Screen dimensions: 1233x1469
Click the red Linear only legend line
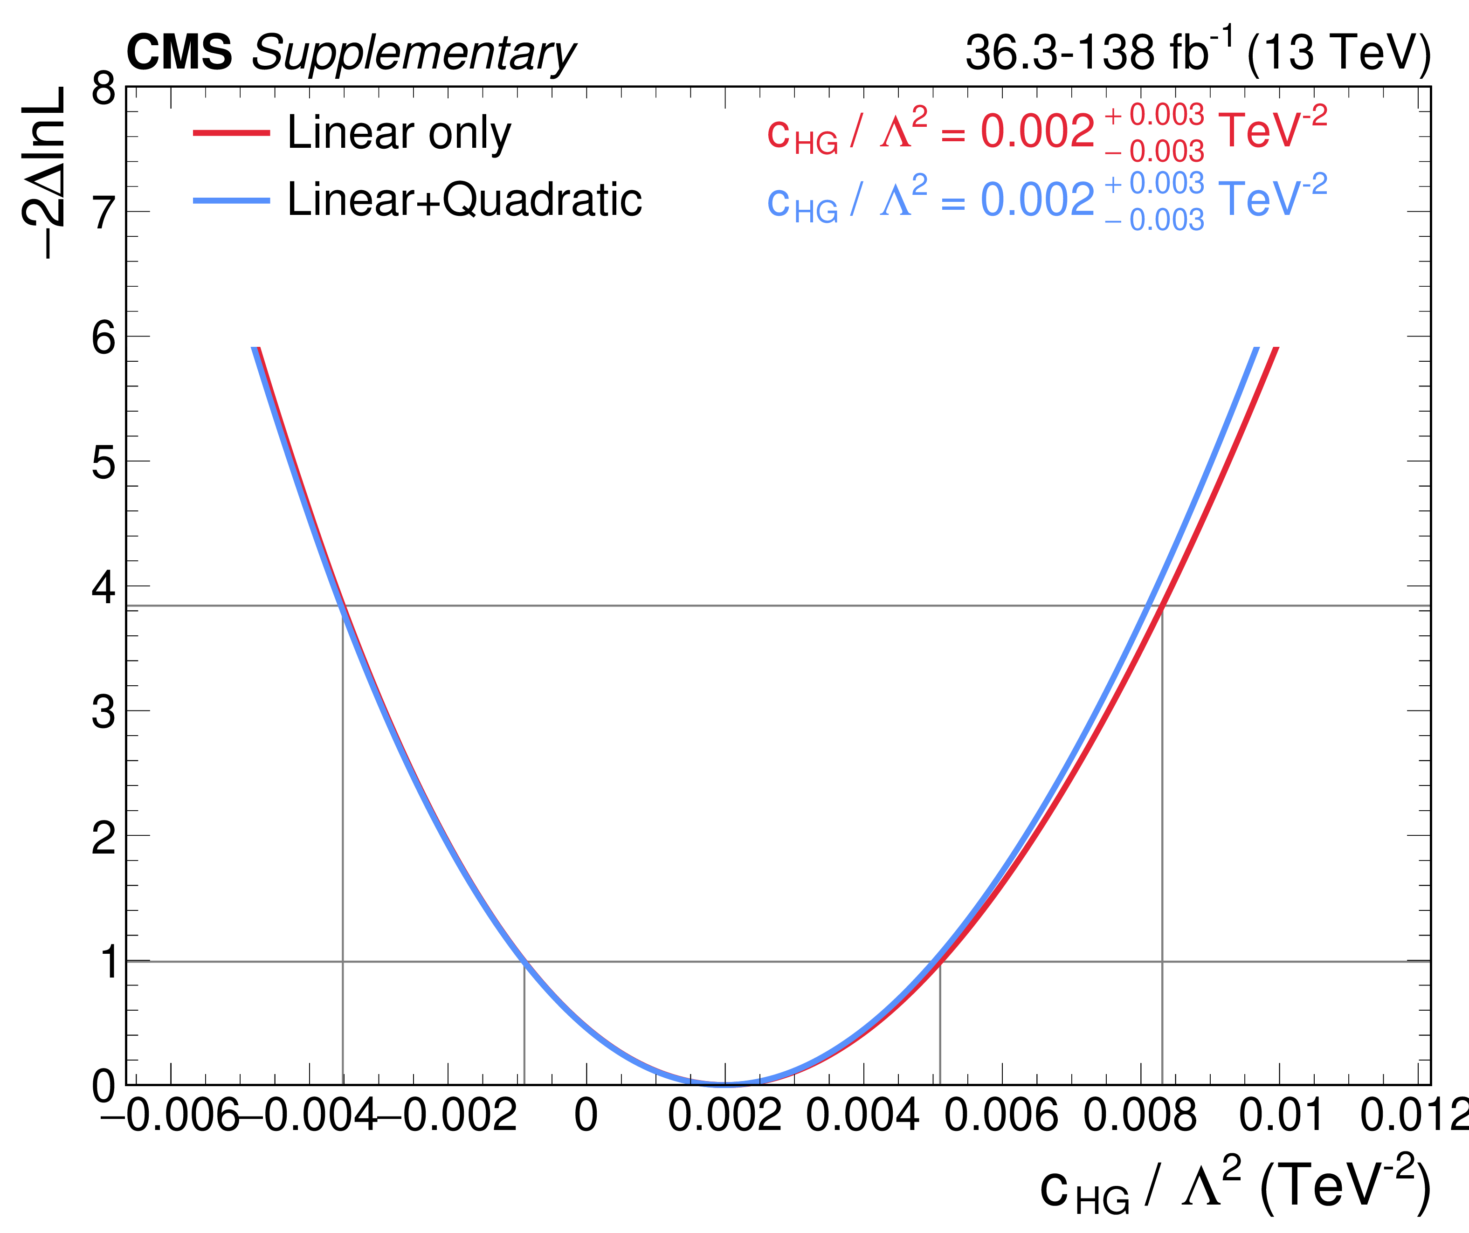[x=231, y=132]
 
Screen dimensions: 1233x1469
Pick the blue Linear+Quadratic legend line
[x=231, y=201]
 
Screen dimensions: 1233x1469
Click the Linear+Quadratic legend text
[x=464, y=200]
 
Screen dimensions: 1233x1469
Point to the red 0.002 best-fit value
[x=1037, y=131]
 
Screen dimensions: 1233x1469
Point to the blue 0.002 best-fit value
[x=1037, y=200]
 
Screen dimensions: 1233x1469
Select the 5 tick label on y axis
[x=103, y=462]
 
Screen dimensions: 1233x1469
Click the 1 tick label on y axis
[x=109, y=962]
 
